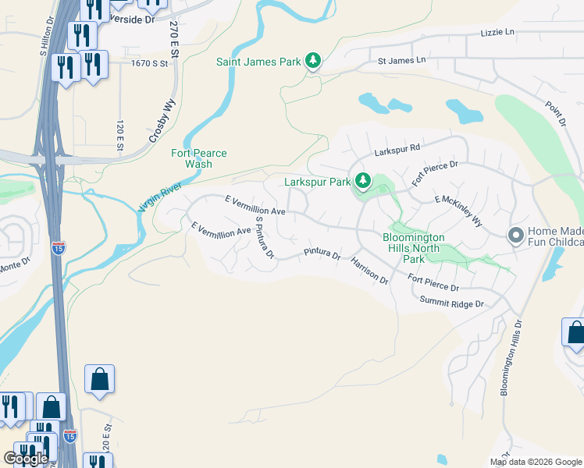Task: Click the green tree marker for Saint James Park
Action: click(x=312, y=60)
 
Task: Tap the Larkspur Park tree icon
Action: click(x=362, y=181)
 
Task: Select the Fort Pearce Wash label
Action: click(x=198, y=158)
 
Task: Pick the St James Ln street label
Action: click(x=401, y=60)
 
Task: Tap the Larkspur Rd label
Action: click(x=397, y=147)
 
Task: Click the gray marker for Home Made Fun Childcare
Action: click(x=515, y=234)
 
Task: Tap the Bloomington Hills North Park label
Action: click(x=413, y=248)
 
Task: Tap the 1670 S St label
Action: click(x=150, y=63)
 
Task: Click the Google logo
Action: click(x=26, y=458)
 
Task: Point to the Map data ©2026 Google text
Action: click(x=536, y=462)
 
